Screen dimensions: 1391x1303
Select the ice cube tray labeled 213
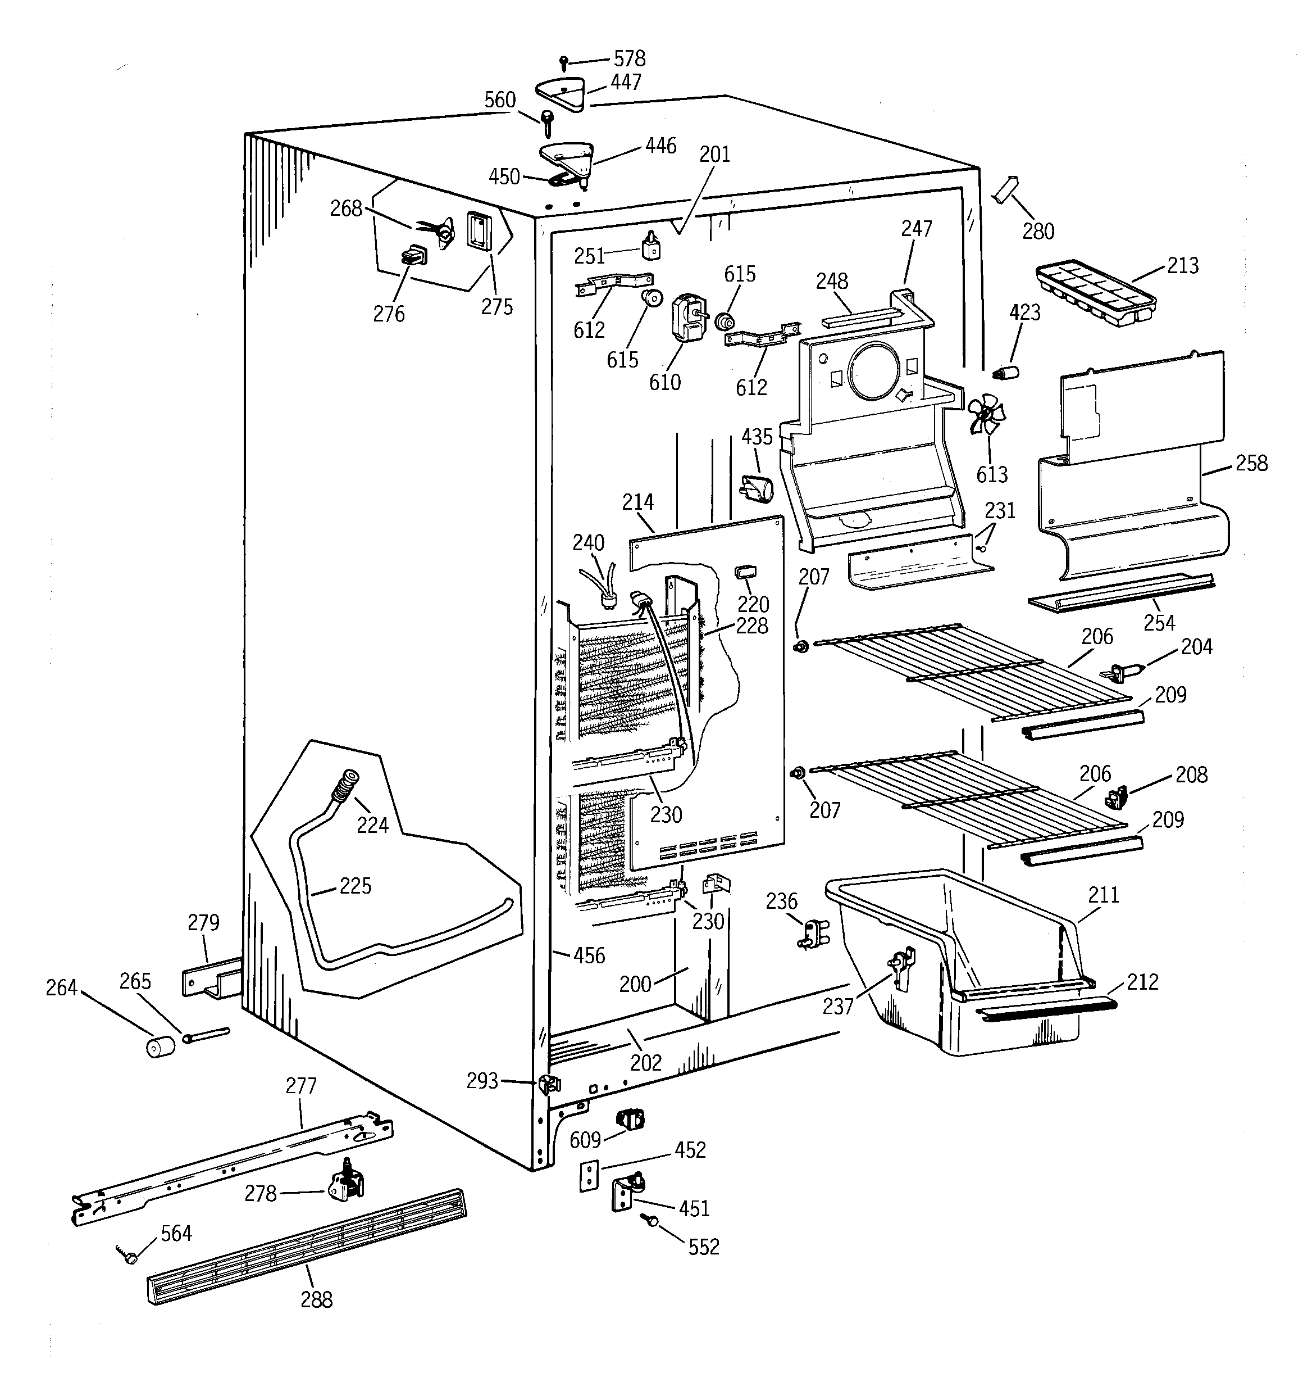tap(1095, 293)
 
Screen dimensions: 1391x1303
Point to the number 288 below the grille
tap(316, 1299)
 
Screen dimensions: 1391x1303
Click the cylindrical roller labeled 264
tap(160, 1048)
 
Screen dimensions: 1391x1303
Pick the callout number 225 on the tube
tap(356, 886)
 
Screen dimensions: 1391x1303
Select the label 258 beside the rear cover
tap(1251, 463)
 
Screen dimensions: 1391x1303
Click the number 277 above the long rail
tap(300, 1085)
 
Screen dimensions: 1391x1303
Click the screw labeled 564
tap(129, 1257)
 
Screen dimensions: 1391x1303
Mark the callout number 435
tap(757, 437)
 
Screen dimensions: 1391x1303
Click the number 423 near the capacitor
tap(1024, 312)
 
